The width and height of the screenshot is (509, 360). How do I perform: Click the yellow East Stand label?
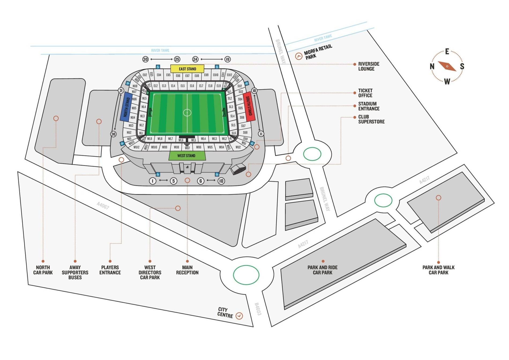[187, 69]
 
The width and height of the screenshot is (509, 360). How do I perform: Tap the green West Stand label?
[186, 156]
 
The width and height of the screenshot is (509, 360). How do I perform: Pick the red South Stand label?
[249, 106]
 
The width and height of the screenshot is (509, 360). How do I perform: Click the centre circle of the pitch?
[187, 112]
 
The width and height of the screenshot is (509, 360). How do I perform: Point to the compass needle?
[447, 66]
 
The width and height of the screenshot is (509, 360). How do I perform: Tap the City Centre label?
[225, 312]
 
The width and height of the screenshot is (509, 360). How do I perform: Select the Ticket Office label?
[365, 93]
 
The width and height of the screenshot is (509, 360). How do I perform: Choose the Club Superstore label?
[371, 119]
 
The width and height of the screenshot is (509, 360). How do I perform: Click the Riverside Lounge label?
[369, 66]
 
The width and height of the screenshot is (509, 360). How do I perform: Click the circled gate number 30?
[145, 59]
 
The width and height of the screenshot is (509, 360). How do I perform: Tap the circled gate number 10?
[221, 181]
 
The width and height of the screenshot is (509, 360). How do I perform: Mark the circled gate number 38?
[114, 134]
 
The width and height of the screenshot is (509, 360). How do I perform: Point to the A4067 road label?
[103, 206]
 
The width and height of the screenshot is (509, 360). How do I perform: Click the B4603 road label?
[257, 309]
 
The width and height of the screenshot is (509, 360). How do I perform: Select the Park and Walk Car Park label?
[438, 270]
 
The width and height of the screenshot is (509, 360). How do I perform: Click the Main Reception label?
[187, 270]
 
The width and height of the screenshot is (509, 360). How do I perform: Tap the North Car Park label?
[43, 270]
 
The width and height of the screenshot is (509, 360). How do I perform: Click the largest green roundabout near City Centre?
[246, 275]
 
